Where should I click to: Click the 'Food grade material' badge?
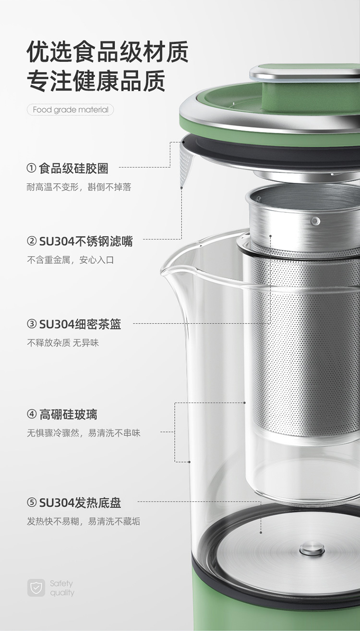(x=71, y=109)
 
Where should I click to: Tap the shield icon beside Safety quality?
(x=36, y=588)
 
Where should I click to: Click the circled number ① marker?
(x=31, y=168)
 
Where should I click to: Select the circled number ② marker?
(x=32, y=241)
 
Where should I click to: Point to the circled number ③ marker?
(x=32, y=324)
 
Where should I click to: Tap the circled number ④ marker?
(x=32, y=414)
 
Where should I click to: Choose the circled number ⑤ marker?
(x=32, y=502)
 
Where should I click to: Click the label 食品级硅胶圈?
(x=73, y=168)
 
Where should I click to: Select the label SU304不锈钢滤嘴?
(x=86, y=241)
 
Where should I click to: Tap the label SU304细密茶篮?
(x=80, y=324)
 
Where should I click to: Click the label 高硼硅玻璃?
(x=68, y=415)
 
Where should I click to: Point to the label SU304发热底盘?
(x=80, y=502)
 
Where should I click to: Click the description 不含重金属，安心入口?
(x=71, y=260)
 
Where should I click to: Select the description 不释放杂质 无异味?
(x=63, y=343)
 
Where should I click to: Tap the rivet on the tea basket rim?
(x=315, y=221)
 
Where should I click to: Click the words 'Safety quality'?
(x=62, y=588)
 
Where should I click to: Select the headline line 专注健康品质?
(x=96, y=81)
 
